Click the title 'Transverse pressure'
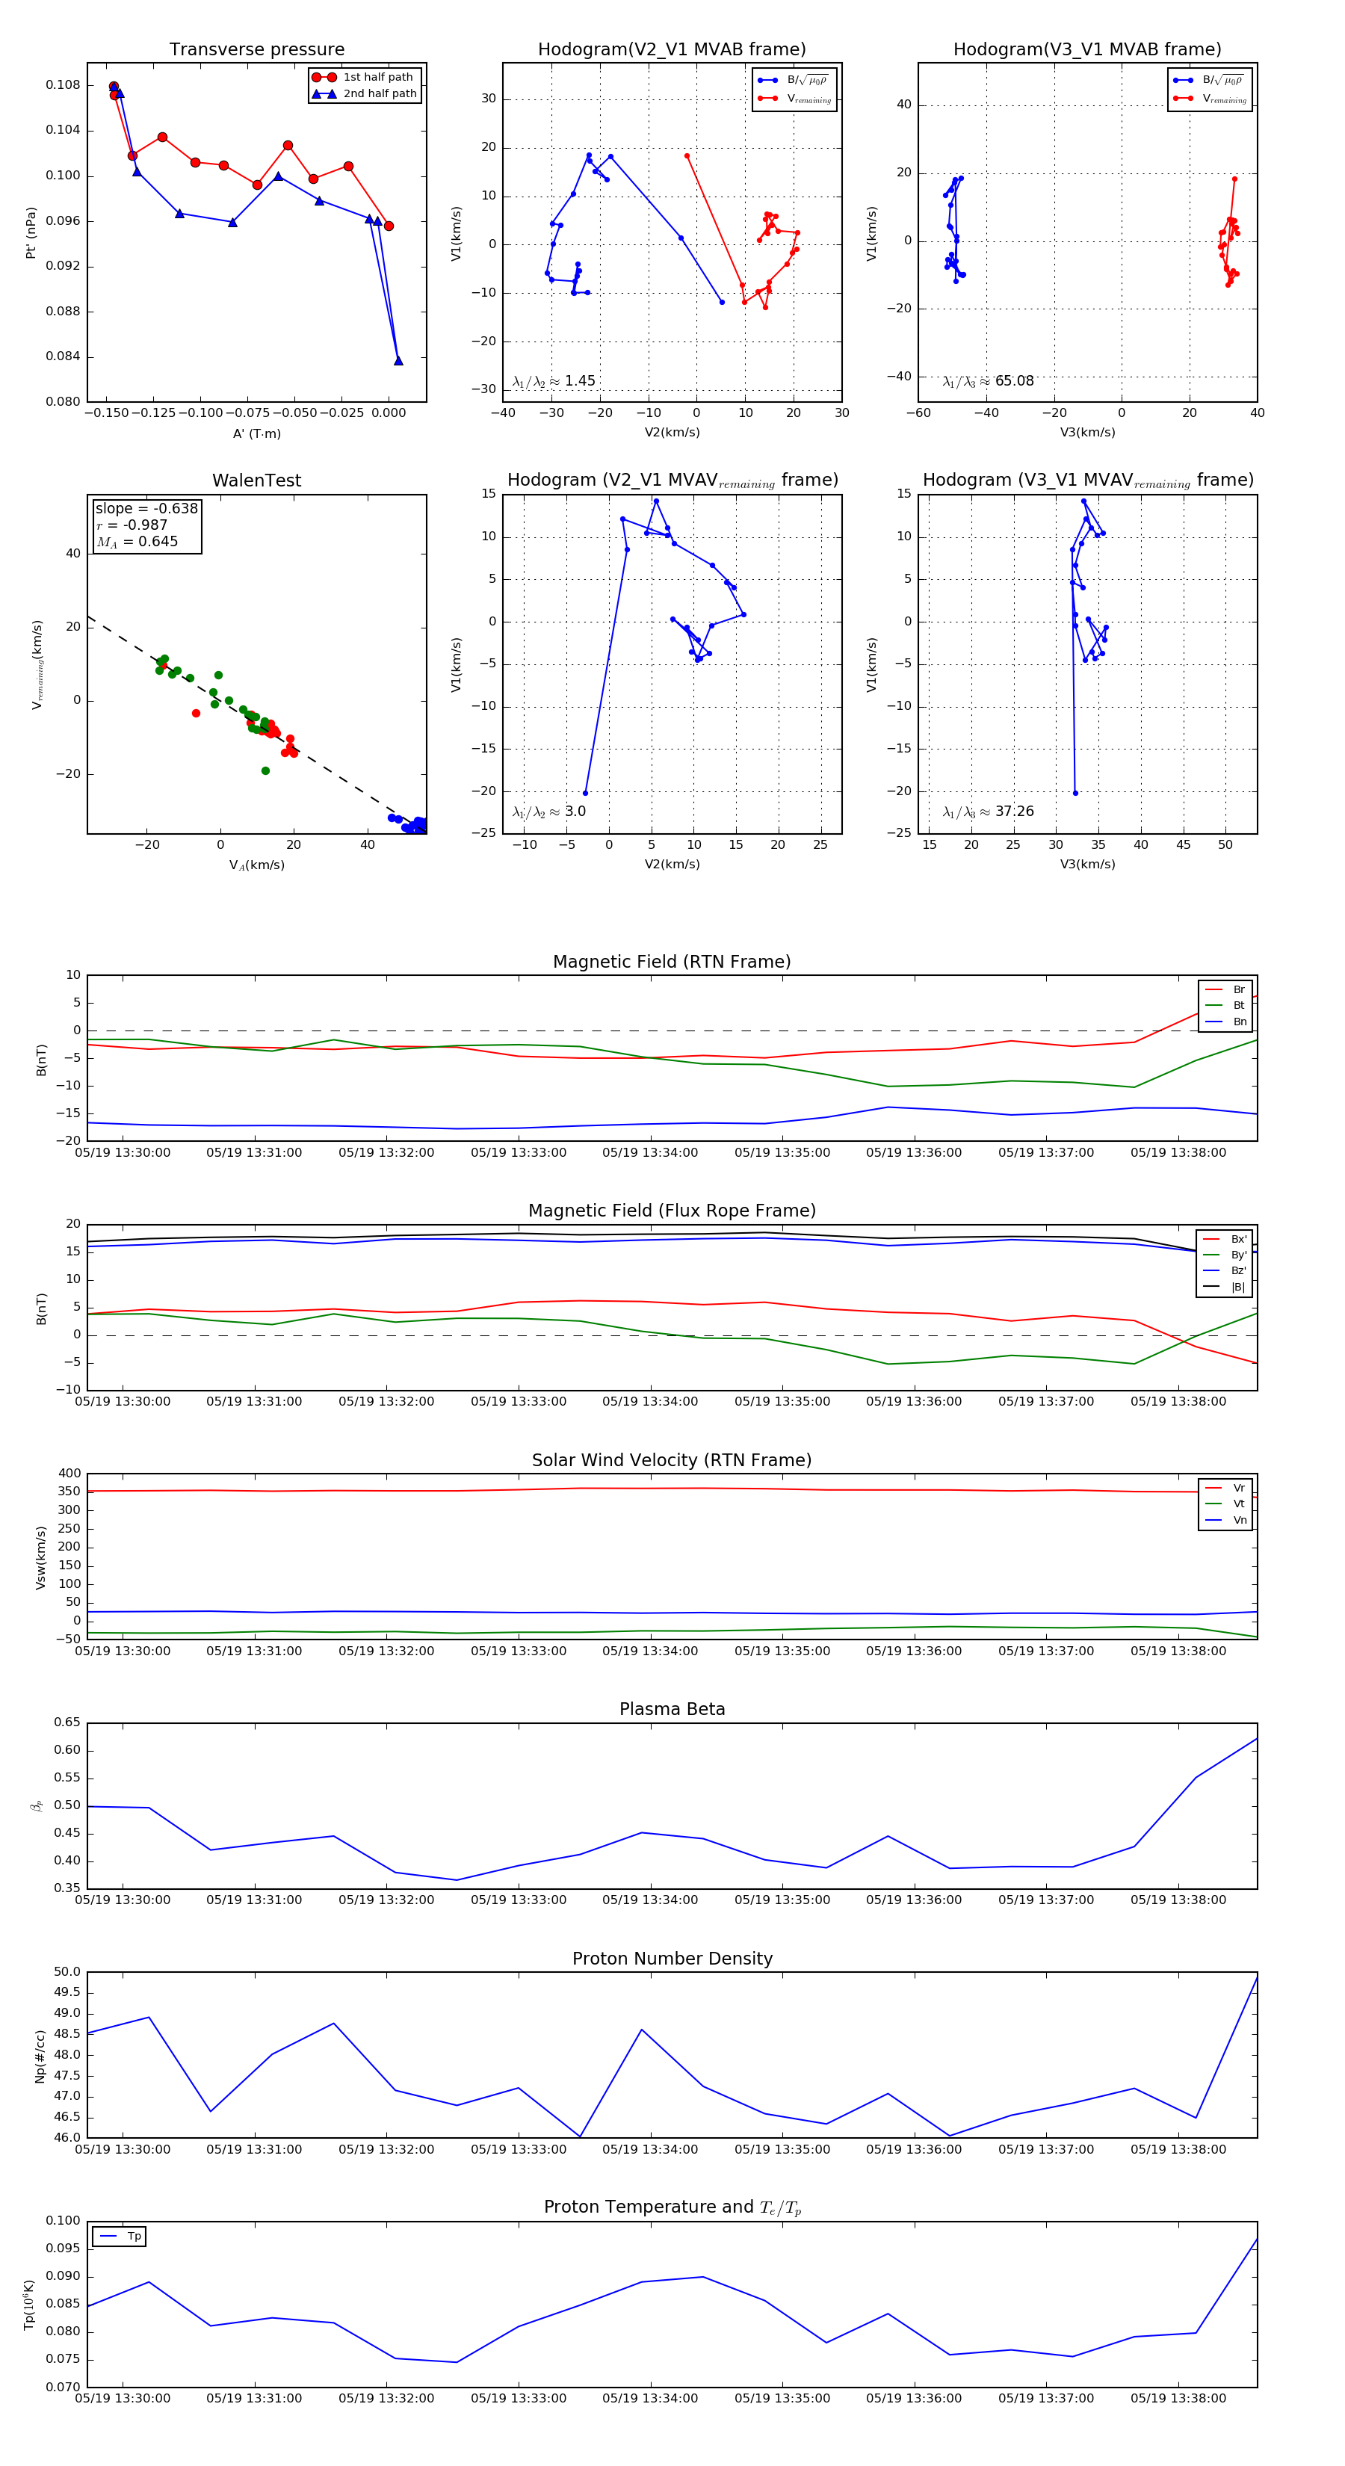[x=256, y=50]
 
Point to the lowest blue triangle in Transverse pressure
[x=398, y=361]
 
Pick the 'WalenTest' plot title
[x=256, y=480]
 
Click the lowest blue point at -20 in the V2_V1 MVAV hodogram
[x=586, y=793]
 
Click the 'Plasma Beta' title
[x=672, y=1709]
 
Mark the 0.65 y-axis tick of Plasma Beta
[x=67, y=1722]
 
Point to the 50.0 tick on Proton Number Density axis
[x=67, y=1972]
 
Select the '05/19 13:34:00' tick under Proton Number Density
[x=650, y=2149]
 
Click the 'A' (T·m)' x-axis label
[x=256, y=433]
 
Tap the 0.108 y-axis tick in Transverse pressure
[x=64, y=85]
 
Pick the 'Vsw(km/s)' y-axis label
[x=40, y=1557]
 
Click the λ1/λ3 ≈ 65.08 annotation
[x=988, y=381]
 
